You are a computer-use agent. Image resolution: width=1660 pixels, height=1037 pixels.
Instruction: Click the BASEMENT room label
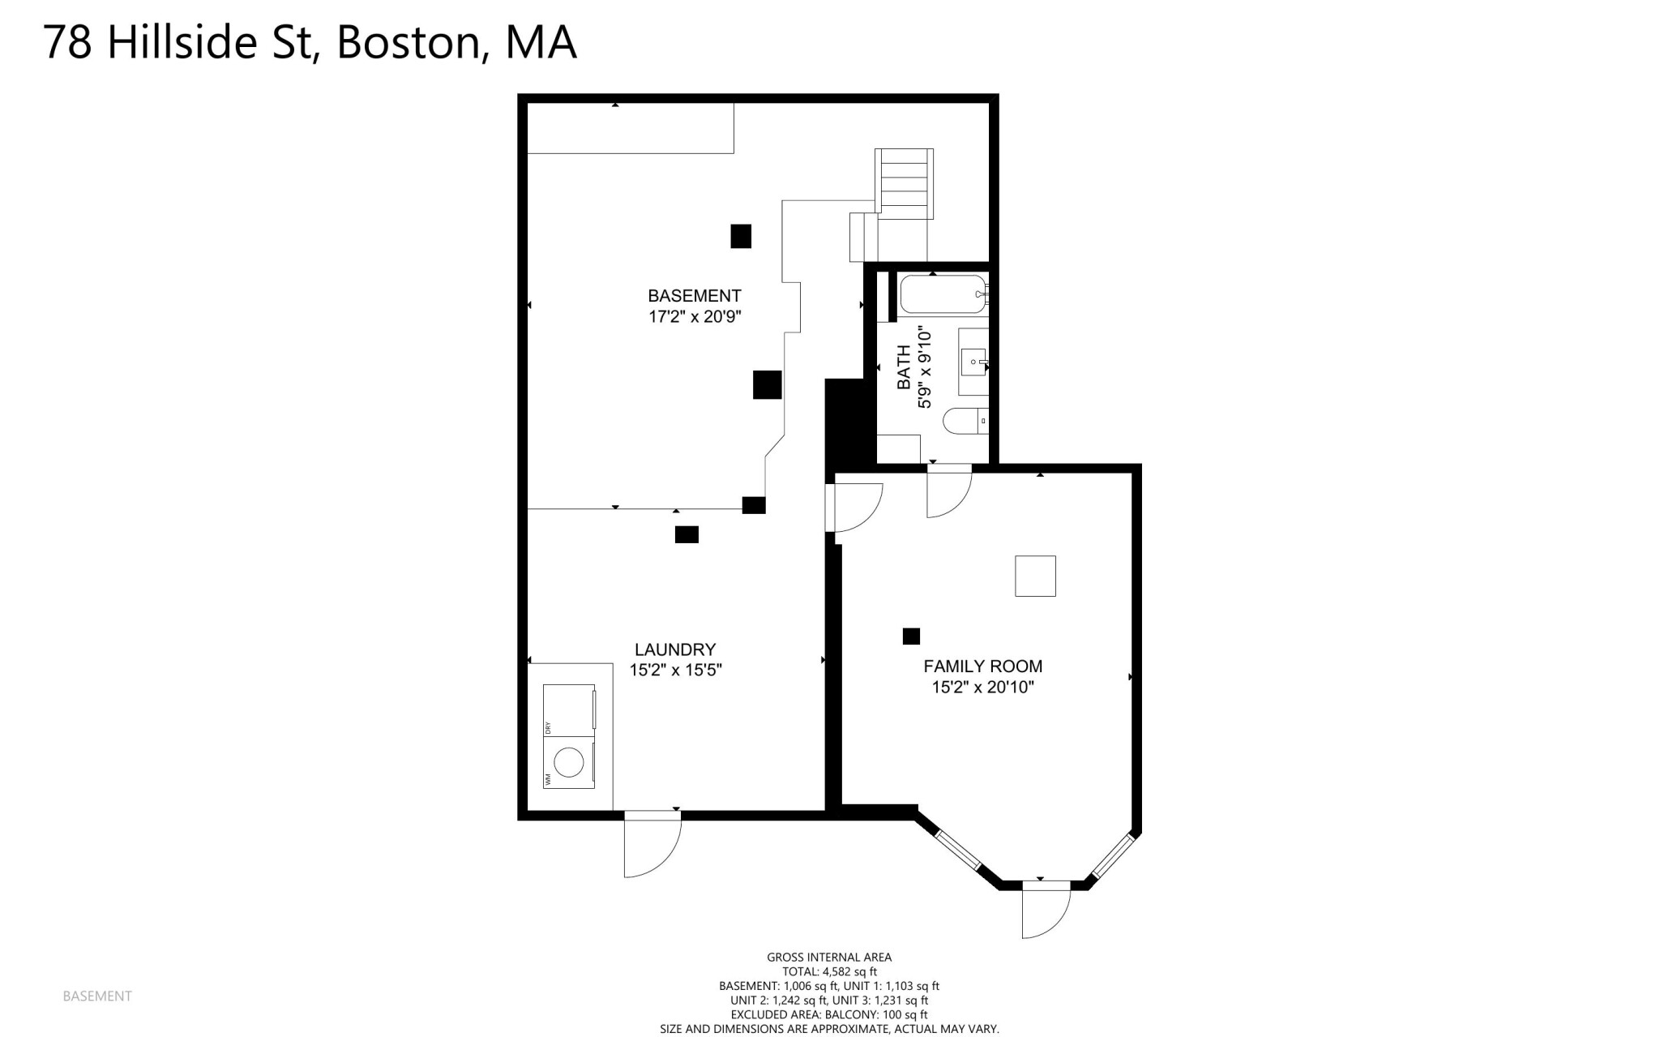click(694, 296)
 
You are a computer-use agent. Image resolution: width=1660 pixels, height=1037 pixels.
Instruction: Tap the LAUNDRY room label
click(675, 649)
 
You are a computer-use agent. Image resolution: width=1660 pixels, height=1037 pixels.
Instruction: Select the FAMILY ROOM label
click(982, 666)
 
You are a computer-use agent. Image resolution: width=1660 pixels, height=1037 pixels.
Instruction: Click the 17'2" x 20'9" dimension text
click(695, 317)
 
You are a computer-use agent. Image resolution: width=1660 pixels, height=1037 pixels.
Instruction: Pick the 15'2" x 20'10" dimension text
click(983, 688)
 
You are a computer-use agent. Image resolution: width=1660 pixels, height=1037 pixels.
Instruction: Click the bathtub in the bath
click(943, 295)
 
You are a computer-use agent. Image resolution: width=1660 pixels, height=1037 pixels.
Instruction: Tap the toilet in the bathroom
click(965, 421)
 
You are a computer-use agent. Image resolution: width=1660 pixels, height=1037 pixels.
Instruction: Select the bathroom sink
click(974, 361)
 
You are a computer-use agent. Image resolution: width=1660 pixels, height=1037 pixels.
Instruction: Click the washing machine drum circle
click(568, 762)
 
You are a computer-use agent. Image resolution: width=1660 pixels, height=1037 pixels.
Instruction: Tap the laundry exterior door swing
click(652, 848)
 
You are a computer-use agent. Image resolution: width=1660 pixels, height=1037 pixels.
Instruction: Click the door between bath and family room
click(949, 495)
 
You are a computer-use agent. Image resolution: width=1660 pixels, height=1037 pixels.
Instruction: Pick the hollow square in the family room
click(1036, 576)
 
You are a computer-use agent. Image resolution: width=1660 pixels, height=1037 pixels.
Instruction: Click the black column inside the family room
click(911, 636)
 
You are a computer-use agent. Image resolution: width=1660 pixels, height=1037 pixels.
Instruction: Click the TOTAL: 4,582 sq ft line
click(829, 971)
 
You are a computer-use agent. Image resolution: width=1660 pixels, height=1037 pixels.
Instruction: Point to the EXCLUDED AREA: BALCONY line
click(829, 1014)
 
